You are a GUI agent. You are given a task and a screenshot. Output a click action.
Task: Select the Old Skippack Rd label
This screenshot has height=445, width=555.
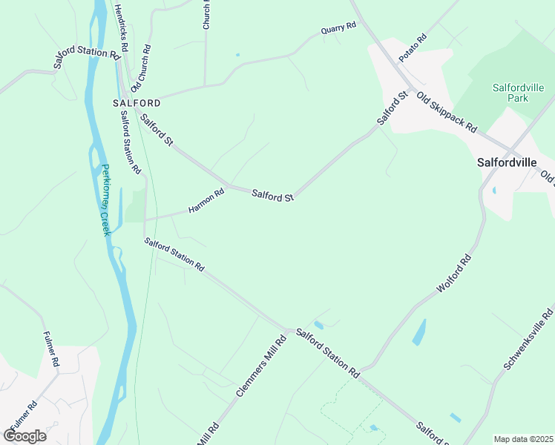446,112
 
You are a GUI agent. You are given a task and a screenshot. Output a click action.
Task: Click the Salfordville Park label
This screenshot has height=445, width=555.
510,92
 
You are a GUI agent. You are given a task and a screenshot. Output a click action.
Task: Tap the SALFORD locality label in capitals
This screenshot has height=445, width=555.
137,103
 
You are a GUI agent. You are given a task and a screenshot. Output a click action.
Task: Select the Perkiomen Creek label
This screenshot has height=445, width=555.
106,200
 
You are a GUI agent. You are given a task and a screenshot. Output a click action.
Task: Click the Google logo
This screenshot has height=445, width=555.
24,435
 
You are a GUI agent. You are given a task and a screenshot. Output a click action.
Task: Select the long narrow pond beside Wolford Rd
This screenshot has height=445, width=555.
419,332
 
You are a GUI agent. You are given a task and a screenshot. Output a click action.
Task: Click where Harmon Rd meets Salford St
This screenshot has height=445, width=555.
228,186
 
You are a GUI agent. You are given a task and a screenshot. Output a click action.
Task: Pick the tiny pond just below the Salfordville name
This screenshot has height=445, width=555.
493,191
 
